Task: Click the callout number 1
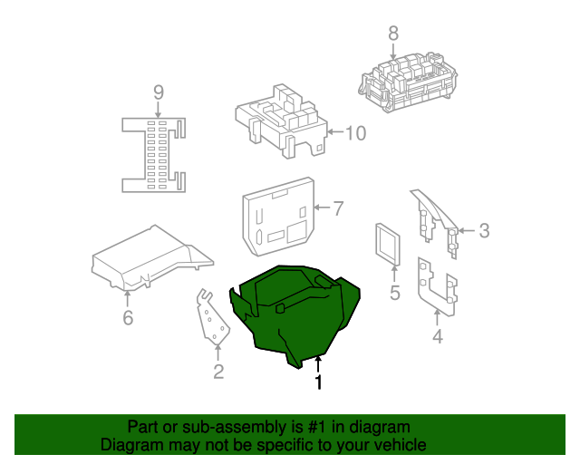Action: pos(318,383)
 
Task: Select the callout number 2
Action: pos(218,371)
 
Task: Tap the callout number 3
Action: pos(484,231)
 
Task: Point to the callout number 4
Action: pos(438,337)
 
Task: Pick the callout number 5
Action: pos(394,293)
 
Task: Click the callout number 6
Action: pos(128,317)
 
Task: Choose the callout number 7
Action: pos(337,209)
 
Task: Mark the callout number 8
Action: pos(392,34)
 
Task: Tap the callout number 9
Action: pos(158,92)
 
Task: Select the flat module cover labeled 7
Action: pos(276,217)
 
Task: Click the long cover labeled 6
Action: pos(150,258)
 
